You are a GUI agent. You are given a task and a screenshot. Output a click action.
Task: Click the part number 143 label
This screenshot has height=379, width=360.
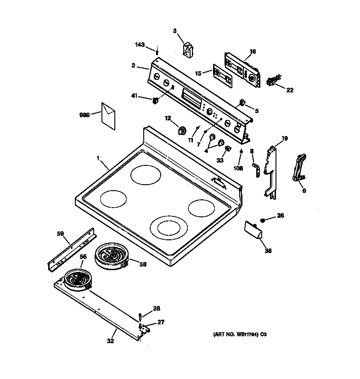tap(140, 45)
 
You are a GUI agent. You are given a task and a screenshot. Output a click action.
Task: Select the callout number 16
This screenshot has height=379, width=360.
tap(253, 51)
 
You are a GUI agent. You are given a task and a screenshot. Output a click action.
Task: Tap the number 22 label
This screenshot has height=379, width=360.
tap(289, 90)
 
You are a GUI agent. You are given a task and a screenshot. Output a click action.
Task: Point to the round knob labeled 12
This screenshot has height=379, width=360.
tap(181, 130)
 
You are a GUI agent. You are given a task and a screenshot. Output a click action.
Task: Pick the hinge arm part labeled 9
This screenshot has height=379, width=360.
tap(298, 168)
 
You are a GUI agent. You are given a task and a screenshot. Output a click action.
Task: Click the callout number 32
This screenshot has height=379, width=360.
tap(110, 341)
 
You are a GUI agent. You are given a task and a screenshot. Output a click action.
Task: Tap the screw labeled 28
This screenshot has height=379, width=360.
tap(140, 316)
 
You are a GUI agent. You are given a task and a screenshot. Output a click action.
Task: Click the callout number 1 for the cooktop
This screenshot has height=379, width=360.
tap(98, 158)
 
